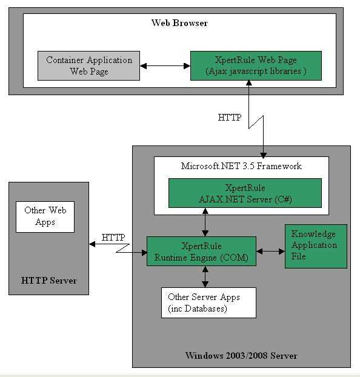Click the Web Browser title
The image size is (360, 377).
pos(179,23)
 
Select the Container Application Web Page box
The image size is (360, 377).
pos(88,65)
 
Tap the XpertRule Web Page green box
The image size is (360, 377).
pos(256,65)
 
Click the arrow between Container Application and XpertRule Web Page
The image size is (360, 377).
pos(165,65)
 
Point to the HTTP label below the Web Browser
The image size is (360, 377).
pos(230,118)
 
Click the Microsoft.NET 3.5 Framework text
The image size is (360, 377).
pos(241,166)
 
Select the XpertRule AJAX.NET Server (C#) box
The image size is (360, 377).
pos(245,193)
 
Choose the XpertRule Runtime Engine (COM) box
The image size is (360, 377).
pos(201,252)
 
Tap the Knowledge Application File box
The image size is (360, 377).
pos(316,246)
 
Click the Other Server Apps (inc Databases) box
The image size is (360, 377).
pos(208,302)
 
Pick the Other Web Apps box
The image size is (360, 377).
pos(45,217)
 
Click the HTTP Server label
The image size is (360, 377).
pos(49,281)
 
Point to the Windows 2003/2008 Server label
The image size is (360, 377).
pos(241,356)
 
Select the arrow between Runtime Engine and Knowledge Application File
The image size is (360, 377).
pos(270,252)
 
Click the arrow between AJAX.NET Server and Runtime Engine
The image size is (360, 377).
pos(205,222)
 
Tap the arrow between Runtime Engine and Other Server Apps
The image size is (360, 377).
pos(205,277)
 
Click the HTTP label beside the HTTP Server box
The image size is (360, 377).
pos(113,238)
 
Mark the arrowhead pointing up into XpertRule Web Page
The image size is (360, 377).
pos(248,83)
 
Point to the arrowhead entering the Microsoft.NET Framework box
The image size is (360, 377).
pos(264,155)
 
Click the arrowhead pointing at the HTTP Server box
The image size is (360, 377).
pos(92,244)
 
